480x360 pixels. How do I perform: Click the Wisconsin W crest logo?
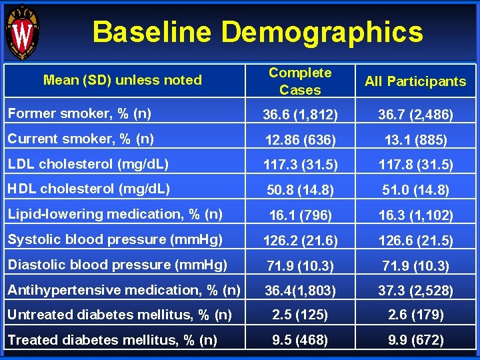point(21,31)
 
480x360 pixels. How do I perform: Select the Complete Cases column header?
point(300,81)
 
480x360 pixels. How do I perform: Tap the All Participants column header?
point(415,81)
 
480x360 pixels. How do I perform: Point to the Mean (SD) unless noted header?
point(122,80)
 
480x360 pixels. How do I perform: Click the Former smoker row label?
point(79,113)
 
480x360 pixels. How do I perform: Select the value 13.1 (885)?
point(415,141)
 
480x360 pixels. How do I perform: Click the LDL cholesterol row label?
point(88,164)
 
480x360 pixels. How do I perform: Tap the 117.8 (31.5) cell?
point(415,165)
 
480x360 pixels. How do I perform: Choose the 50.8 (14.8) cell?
point(300,191)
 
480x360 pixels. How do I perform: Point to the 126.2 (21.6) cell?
point(300,241)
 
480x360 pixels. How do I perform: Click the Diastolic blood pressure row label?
point(117,265)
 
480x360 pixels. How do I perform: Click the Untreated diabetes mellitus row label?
point(120,315)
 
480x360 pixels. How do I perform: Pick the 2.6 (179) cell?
point(415,315)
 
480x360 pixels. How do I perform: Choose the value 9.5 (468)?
point(300,340)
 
